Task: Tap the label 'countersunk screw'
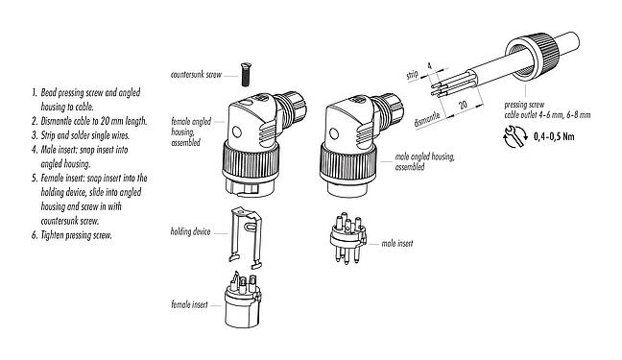point(198,74)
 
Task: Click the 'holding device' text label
point(191,230)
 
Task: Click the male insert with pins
point(348,235)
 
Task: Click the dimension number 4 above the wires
point(429,65)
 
